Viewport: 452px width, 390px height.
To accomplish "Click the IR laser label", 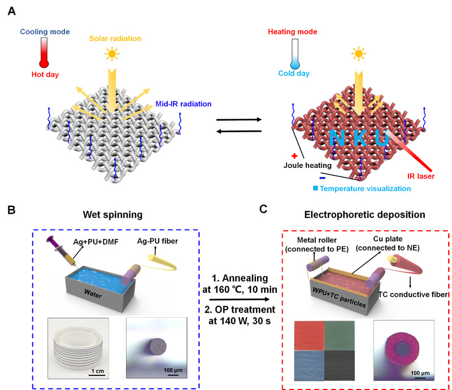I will (415, 176).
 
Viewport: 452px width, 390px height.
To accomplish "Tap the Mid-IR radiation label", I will (183, 105).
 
